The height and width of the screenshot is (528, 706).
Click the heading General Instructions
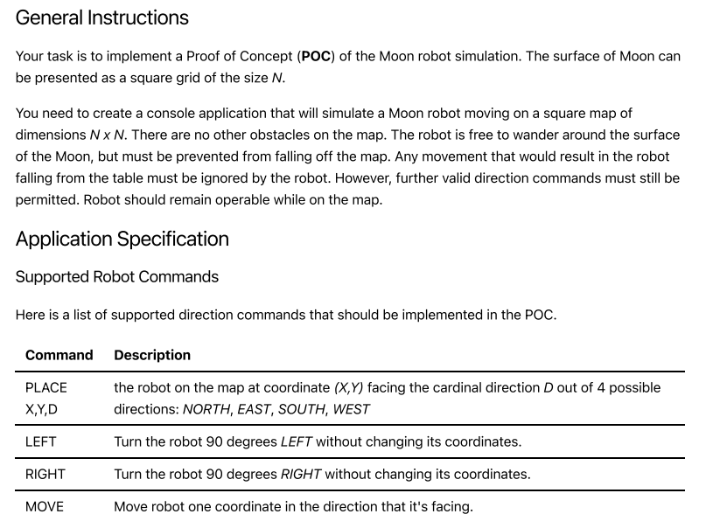click(101, 17)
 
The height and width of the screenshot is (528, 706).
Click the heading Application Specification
click(122, 240)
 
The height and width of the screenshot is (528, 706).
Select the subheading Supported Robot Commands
click(116, 277)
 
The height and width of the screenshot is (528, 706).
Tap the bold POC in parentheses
click(315, 57)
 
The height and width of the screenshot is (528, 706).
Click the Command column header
click(59, 355)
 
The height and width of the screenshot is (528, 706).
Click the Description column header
click(151, 355)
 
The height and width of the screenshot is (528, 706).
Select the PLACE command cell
click(45, 387)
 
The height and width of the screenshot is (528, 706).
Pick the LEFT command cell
click(40, 441)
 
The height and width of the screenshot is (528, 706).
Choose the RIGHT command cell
click(45, 474)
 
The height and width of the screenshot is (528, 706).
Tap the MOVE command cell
click(44, 506)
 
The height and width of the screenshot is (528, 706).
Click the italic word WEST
click(350, 409)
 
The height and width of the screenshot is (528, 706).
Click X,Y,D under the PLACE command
click(43, 409)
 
